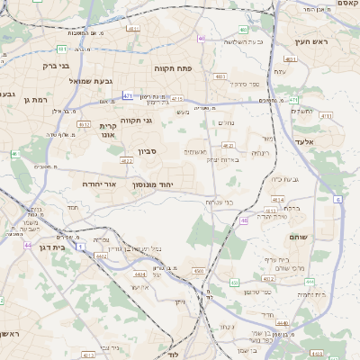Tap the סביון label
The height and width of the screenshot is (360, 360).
[x=148, y=152]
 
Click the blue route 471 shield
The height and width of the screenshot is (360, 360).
[x=129, y=95]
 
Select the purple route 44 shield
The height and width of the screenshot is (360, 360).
[x=28, y=245]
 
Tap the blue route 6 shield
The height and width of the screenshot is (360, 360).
[x=337, y=197]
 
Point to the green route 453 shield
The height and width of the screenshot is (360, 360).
[x=234, y=283]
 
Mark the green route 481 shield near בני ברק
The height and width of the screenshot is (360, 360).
[x=61, y=49]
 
